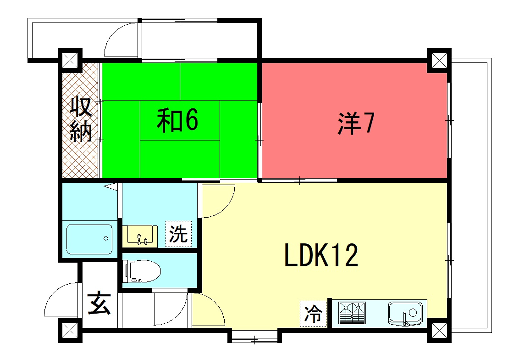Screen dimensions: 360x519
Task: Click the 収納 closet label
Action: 80,118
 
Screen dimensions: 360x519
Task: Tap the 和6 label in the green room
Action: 178,120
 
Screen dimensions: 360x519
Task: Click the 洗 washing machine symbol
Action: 177,236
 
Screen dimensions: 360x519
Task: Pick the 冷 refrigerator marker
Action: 313,312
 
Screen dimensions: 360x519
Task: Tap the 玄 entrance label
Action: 99,301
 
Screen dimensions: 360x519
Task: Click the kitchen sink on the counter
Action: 404,313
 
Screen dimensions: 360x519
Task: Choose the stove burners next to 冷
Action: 352,313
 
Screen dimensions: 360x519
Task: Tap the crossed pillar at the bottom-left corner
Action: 68,330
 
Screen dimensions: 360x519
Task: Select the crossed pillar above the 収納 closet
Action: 68,59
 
